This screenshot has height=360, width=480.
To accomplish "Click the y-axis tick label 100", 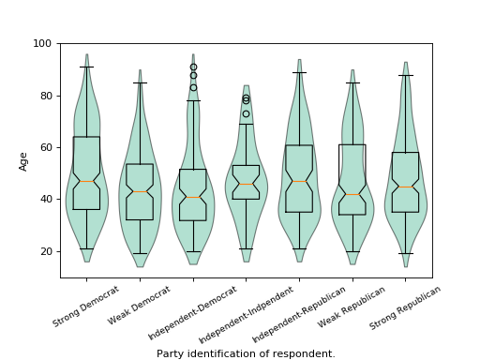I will click(x=45, y=44).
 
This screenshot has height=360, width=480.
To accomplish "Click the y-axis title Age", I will click(x=23, y=160).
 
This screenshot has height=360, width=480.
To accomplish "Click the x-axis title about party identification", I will click(x=246, y=353).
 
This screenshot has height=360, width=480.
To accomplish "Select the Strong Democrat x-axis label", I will click(x=86, y=307).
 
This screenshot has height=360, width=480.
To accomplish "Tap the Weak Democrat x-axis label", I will click(x=141, y=306).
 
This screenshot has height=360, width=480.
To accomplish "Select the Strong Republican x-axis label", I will click(x=405, y=307).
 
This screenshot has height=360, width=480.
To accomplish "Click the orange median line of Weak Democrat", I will click(x=140, y=192).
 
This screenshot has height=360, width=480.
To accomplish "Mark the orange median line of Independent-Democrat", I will click(x=193, y=197).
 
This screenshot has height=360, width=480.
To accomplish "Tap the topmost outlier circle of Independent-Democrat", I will click(x=193, y=67).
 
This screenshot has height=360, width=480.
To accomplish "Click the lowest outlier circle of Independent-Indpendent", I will click(x=247, y=114).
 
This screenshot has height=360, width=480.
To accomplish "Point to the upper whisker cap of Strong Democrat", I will click(x=86, y=67).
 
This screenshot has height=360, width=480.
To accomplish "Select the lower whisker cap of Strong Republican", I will click(x=406, y=253).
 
